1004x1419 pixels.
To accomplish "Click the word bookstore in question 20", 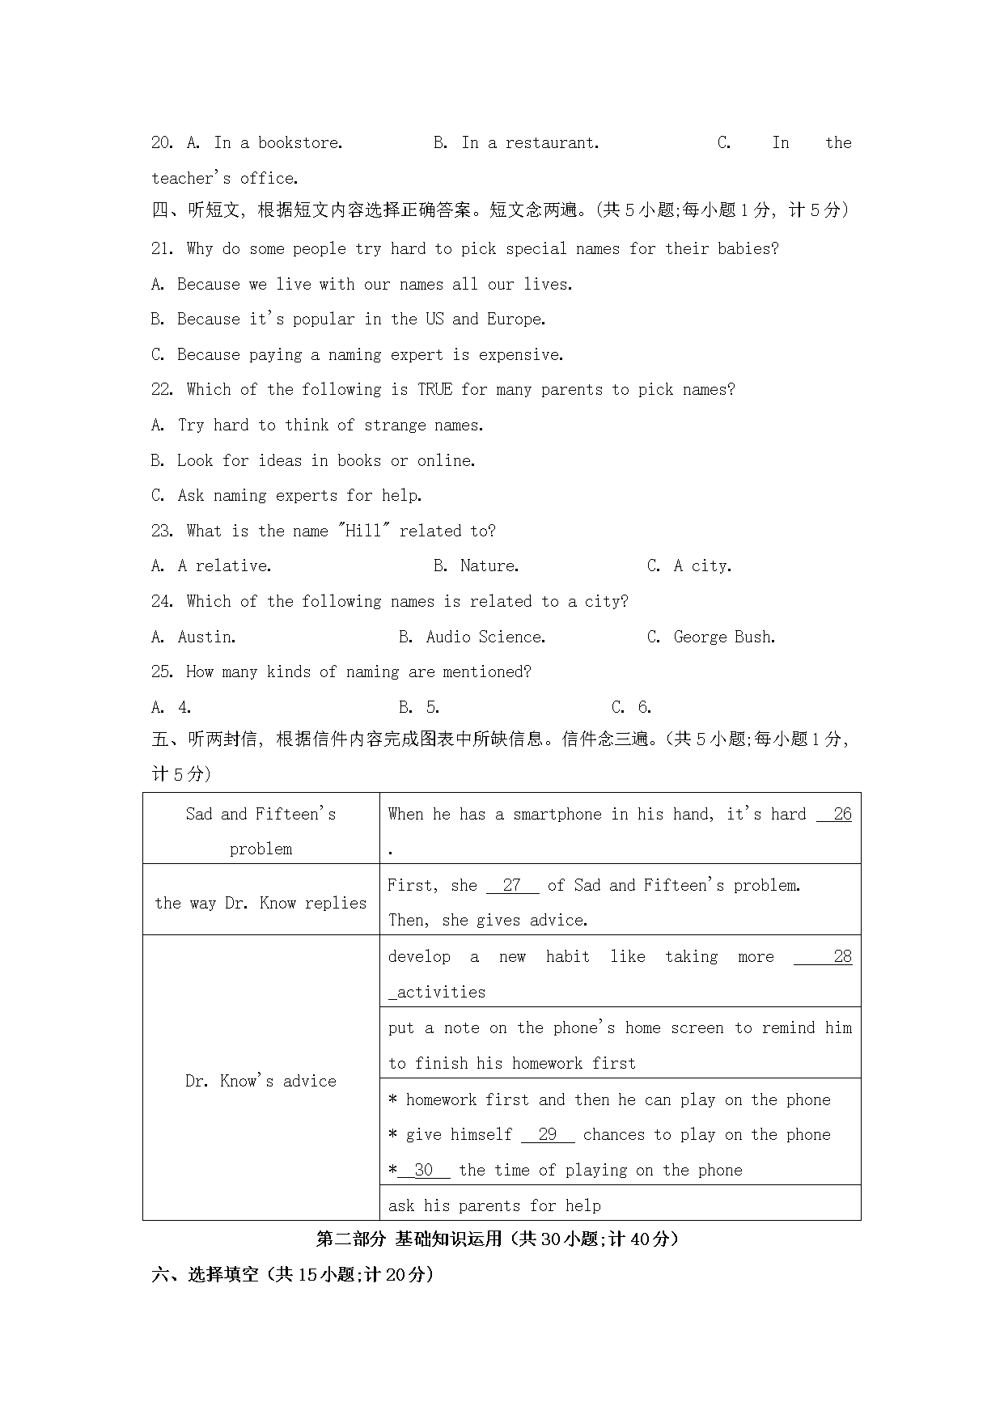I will coord(300,143).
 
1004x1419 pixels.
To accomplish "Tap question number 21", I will coord(162,249).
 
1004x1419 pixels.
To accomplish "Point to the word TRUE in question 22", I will coord(434,390).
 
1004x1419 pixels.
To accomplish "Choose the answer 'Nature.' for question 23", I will coord(489,566).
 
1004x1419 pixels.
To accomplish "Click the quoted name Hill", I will coord(363,532).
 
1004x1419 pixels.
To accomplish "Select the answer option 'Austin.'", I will coord(207,637).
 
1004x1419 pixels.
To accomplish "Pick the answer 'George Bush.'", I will coord(724,637).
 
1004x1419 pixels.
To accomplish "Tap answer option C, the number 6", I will coord(644,708).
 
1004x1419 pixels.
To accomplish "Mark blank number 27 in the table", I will coord(512,886).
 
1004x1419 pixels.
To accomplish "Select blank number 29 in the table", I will coord(548,1135).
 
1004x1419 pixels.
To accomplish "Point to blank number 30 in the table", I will coord(423,1171).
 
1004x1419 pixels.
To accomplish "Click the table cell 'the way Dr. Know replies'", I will coord(261,903).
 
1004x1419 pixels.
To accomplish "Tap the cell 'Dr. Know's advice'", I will coord(261,1081).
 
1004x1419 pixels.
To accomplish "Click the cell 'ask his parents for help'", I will coord(494,1206).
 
